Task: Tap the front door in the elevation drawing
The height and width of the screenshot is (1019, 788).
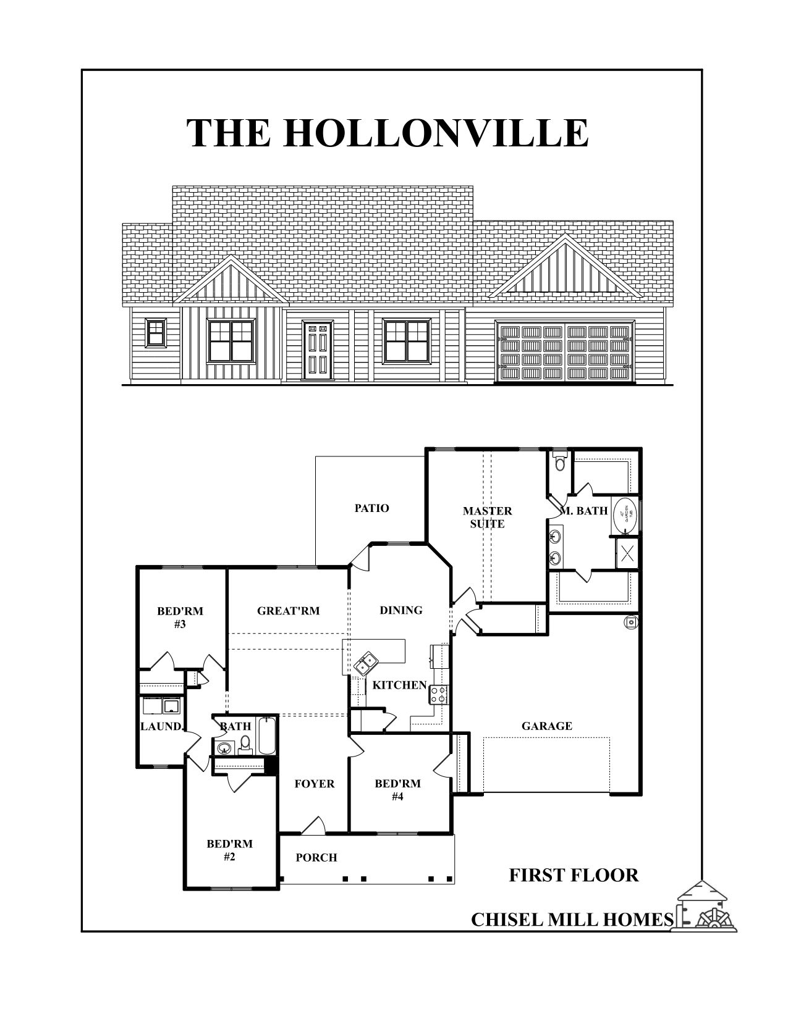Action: (x=318, y=350)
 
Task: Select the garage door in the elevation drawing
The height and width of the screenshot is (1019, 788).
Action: (x=566, y=351)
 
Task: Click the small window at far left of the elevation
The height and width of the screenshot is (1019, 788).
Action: (x=156, y=332)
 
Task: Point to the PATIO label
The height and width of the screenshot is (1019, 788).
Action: (x=372, y=508)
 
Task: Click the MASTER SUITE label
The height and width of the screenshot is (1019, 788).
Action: (x=488, y=518)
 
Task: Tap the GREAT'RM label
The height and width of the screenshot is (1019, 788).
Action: (x=288, y=611)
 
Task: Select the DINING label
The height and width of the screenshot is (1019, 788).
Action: (x=401, y=610)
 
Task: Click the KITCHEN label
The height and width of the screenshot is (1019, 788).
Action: (x=399, y=685)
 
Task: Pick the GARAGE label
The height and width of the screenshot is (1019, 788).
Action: (x=547, y=726)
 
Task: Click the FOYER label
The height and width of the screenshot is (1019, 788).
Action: (x=315, y=784)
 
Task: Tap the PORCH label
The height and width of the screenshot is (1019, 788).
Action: (x=316, y=857)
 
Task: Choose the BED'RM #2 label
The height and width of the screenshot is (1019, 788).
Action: (x=229, y=850)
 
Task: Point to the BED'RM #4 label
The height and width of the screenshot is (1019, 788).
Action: (x=397, y=790)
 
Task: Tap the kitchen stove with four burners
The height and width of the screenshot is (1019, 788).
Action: (x=439, y=694)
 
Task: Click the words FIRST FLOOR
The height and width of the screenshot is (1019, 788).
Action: (x=574, y=875)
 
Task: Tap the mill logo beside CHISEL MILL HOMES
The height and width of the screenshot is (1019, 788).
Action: (x=710, y=906)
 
